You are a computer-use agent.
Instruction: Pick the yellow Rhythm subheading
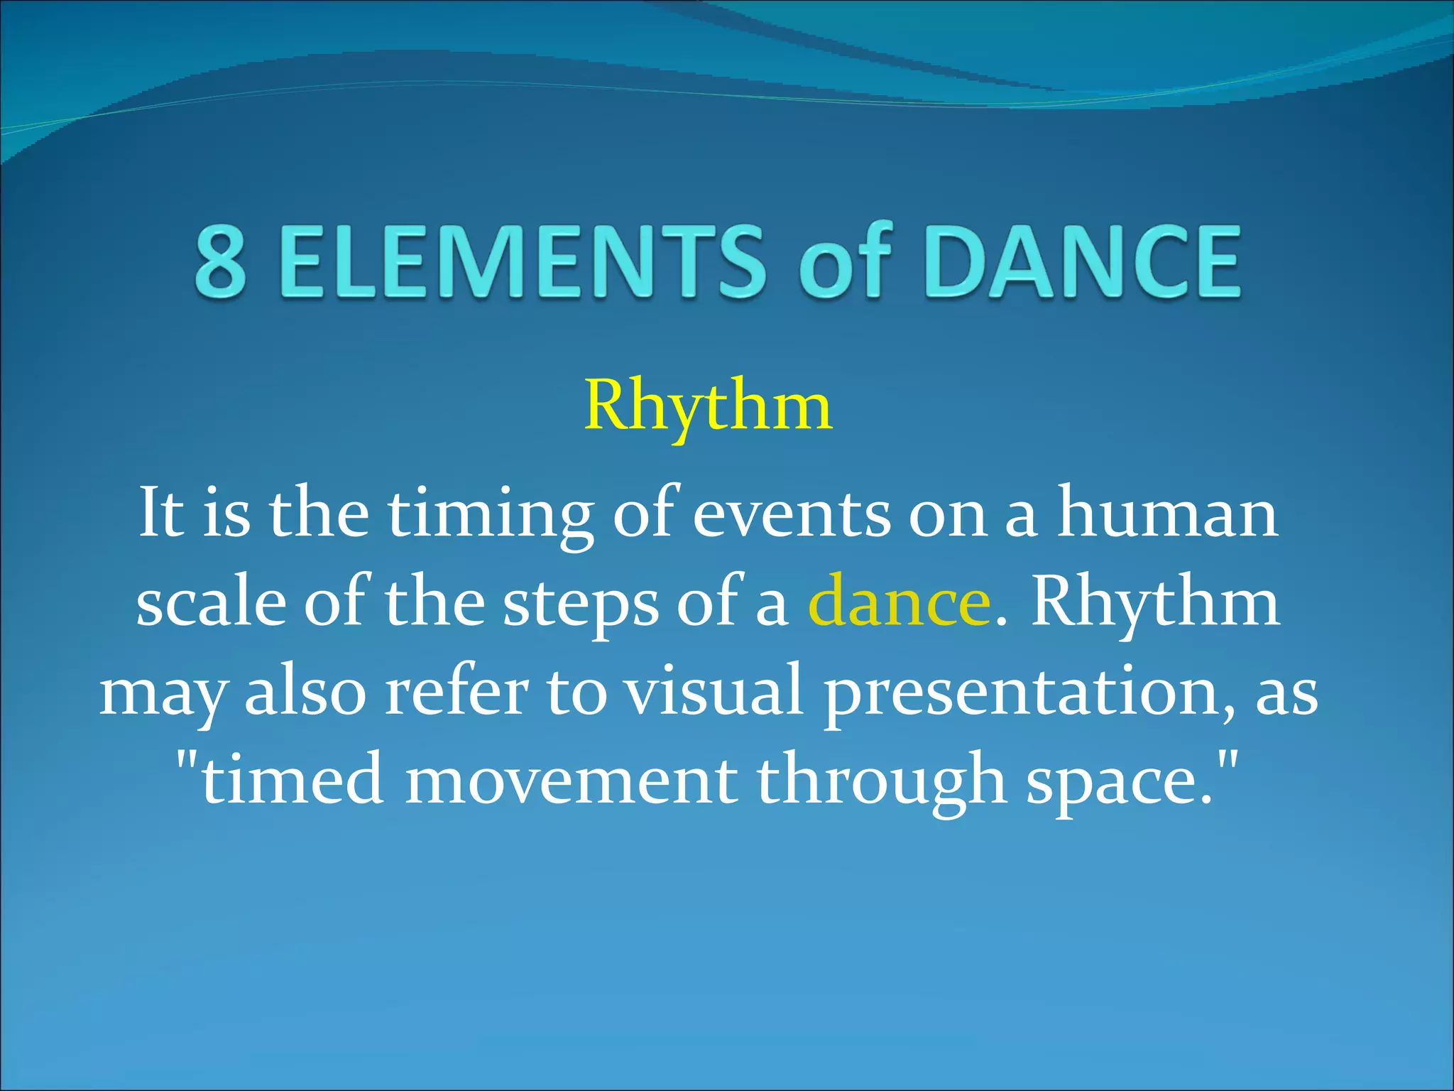coord(708,406)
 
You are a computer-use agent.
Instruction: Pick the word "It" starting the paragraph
coord(161,513)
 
